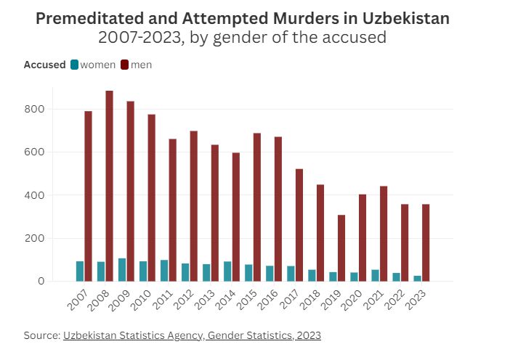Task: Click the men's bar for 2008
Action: pos(109,186)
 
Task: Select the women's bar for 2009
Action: pos(122,270)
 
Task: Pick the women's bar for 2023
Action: pos(417,278)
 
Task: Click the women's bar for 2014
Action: pos(227,271)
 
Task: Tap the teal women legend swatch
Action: pos(74,65)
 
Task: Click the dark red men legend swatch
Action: pos(125,65)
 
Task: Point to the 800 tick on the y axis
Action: pos(36,109)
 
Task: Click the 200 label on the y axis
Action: pos(36,238)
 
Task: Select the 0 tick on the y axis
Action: pos(41,281)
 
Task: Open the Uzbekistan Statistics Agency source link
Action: pos(192,335)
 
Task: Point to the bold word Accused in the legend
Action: pos(44,65)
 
